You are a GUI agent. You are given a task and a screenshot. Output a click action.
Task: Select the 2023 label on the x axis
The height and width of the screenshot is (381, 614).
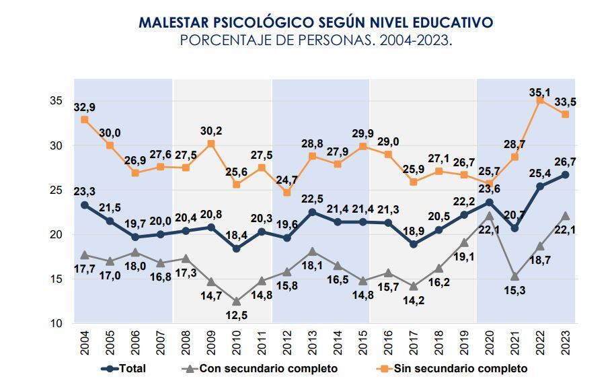click(566, 344)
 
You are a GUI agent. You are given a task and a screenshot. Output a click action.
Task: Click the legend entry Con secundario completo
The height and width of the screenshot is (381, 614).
click(267, 368)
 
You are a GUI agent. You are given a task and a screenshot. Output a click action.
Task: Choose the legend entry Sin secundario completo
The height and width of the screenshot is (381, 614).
click(461, 368)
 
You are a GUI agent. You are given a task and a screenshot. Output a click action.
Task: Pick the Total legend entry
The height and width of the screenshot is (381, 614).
click(132, 368)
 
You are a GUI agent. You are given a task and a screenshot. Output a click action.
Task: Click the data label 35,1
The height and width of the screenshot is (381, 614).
click(540, 87)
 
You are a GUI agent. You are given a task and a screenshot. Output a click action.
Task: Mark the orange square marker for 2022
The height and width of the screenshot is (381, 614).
click(540, 100)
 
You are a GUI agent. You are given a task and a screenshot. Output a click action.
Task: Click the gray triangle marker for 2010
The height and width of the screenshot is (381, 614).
click(236, 301)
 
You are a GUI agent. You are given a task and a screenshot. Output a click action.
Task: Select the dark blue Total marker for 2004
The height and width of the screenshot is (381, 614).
click(85, 205)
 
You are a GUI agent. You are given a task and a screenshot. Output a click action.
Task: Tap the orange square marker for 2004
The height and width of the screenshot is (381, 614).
click(85, 120)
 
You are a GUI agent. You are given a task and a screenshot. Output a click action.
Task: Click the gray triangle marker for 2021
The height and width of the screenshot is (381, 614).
click(514, 276)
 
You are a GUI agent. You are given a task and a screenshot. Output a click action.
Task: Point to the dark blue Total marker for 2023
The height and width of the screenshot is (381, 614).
click(566, 175)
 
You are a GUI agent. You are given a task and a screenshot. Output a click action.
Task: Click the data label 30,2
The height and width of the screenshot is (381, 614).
click(210, 131)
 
